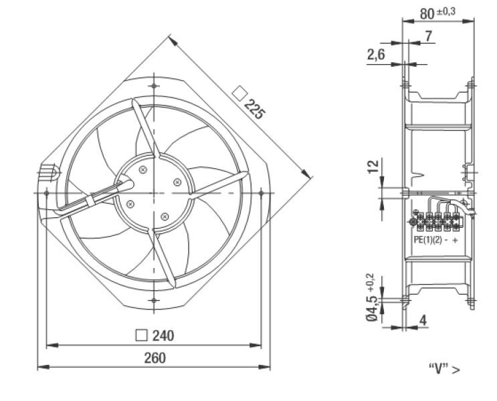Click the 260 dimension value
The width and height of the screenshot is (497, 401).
[155, 358]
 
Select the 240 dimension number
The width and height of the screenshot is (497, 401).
[163, 336]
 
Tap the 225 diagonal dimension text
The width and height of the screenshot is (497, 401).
[254, 110]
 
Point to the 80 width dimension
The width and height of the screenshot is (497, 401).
[427, 14]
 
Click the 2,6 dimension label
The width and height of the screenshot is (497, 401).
[376, 55]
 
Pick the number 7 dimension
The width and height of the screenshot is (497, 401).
[428, 36]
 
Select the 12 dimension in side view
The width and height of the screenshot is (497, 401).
[373, 166]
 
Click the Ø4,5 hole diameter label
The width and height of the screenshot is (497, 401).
[372, 308]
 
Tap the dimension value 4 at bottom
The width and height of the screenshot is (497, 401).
[423, 321]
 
